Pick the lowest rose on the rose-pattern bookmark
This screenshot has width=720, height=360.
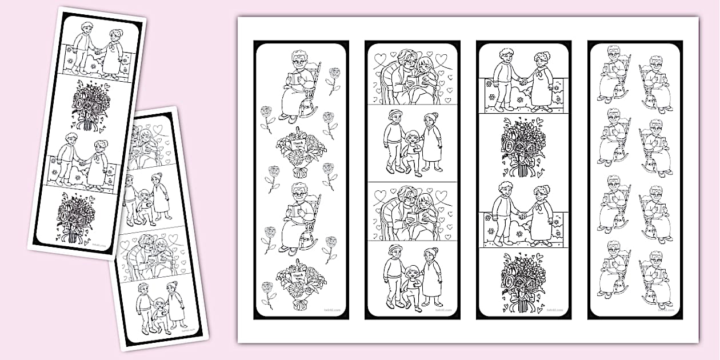coord(266,290)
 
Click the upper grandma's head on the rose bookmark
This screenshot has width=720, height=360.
coord(299,59)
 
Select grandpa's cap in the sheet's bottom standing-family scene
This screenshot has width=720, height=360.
coord(394,249)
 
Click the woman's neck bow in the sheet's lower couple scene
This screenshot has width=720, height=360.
coord(540,206)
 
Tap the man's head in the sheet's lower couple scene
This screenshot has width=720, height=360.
coord(505,189)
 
